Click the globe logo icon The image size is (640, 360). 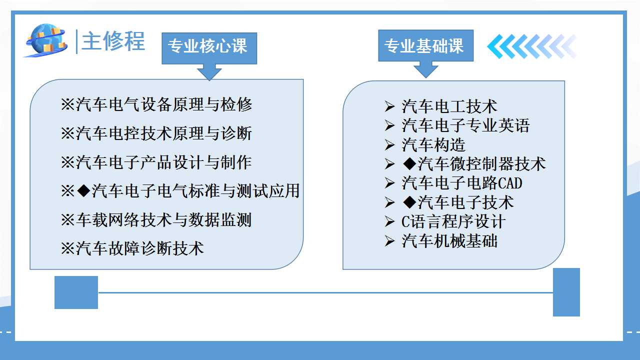[45, 40]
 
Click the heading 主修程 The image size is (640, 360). [113, 41]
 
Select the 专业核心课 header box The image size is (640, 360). [209, 48]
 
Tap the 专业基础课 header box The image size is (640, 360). [425, 45]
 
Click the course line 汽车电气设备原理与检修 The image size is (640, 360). [156, 104]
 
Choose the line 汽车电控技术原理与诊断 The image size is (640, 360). [156, 133]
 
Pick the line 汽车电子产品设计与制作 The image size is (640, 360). [156, 162]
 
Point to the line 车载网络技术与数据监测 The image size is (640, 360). [156, 219]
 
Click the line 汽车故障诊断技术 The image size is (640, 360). [132, 248]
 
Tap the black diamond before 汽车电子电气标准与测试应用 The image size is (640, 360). [84, 191]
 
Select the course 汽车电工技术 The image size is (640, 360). [449, 106]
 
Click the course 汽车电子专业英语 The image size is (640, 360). [465, 125]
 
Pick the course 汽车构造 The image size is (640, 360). [433, 145]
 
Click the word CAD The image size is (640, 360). [510, 183]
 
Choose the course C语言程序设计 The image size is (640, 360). [453, 221]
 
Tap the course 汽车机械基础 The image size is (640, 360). [449, 241]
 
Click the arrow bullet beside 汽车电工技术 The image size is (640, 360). [389, 106]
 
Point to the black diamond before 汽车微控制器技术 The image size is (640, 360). [409, 164]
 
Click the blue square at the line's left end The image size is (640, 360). [76, 292]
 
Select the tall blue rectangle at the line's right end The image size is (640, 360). [566, 292]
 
